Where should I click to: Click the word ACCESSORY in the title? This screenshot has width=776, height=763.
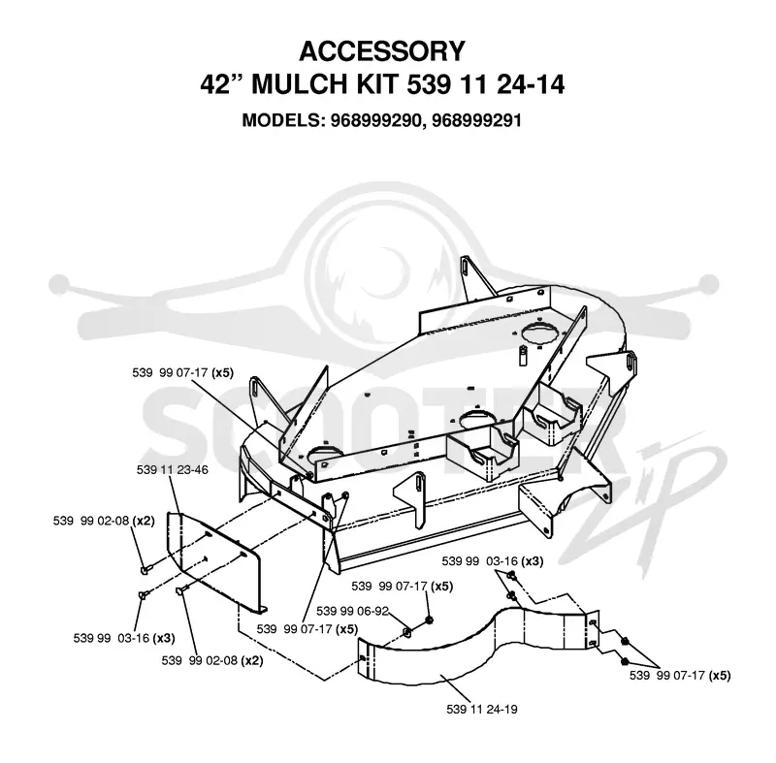[382, 51]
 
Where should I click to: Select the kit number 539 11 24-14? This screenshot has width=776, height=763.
[486, 84]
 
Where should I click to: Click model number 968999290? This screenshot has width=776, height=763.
[377, 120]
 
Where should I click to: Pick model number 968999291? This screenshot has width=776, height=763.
[476, 120]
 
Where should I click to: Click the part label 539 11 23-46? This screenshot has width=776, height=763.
[173, 470]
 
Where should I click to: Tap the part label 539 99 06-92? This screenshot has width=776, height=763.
[352, 611]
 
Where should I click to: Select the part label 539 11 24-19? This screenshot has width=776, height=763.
[482, 709]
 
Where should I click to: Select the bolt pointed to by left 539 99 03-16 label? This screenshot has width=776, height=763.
[141, 594]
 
